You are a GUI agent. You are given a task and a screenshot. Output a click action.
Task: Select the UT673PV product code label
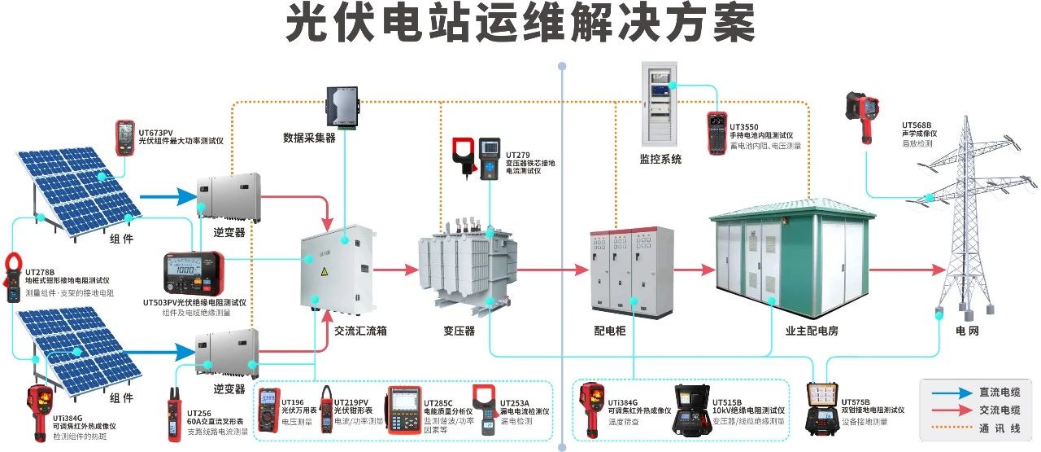(x=155, y=132)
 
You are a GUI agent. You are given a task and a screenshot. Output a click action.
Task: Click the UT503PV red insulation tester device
(x=194, y=273)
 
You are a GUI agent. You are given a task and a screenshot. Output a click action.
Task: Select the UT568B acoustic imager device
(x=863, y=115)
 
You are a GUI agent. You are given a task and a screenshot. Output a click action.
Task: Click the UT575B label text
(x=856, y=402)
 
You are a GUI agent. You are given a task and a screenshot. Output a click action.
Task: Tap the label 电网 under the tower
(x=967, y=331)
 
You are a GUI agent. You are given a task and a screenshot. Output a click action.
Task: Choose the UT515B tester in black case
(x=690, y=410)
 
